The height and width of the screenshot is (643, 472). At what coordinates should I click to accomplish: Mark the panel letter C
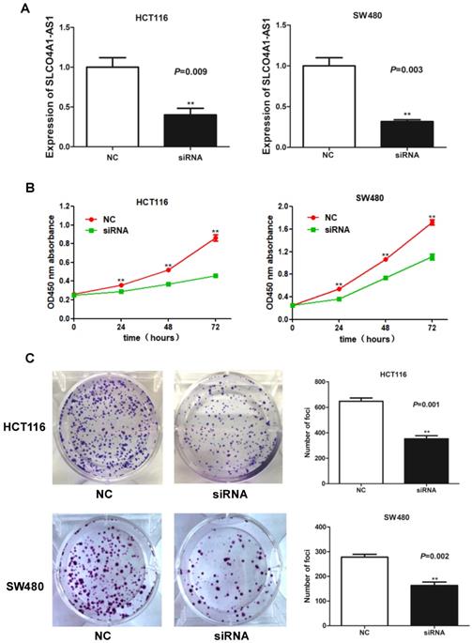[8, 360]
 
